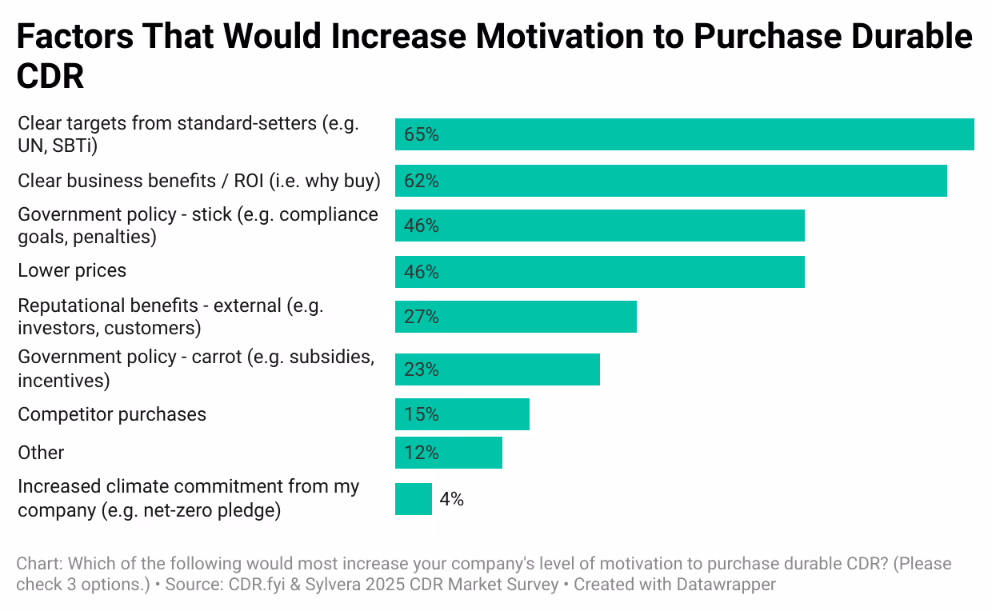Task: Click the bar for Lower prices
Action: click(599, 272)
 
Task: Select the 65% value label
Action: click(422, 134)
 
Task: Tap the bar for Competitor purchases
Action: click(462, 414)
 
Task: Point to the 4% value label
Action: click(451, 499)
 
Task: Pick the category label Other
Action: click(41, 453)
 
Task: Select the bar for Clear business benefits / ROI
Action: click(670, 181)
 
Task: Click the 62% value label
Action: click(422, 181)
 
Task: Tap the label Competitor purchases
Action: click(112, 414)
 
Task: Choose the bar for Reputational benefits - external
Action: click(515, 317)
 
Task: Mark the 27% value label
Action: click(422, 317)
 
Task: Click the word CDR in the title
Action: click(50, 76)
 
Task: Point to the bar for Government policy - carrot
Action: click(497, 369)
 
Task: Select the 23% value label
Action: click(422, 369)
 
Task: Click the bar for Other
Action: click(448, 453)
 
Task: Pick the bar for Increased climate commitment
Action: click(413, 499)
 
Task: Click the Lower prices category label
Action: click(72, 270)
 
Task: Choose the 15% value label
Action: click(422, 414)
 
